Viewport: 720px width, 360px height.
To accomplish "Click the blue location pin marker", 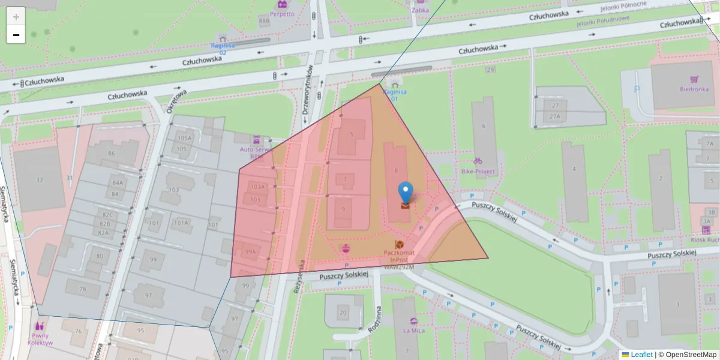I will (x=406, y=193).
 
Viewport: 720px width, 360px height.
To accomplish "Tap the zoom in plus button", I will (x=16, y=16).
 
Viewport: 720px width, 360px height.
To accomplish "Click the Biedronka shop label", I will (x=694, y=89).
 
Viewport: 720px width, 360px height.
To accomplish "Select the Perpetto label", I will (x=282, y=13).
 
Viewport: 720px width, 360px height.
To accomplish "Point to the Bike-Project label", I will (x=478, y=171).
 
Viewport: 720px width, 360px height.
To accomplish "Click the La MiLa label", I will (x=414, y=330).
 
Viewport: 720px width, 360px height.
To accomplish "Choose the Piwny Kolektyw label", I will (x=40, y=339).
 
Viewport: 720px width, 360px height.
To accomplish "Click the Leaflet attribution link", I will (x=641, y=355).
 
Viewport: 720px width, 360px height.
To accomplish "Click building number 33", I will (x=40, y=179).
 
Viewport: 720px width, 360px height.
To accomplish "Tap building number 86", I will (x=111, y=154).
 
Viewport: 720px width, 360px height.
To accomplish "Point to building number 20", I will (x=343, y=312).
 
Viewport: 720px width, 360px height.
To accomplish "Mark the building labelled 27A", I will (x=555, y=116).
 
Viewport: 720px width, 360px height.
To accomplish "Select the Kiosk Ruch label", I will (x=707, y=239).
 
